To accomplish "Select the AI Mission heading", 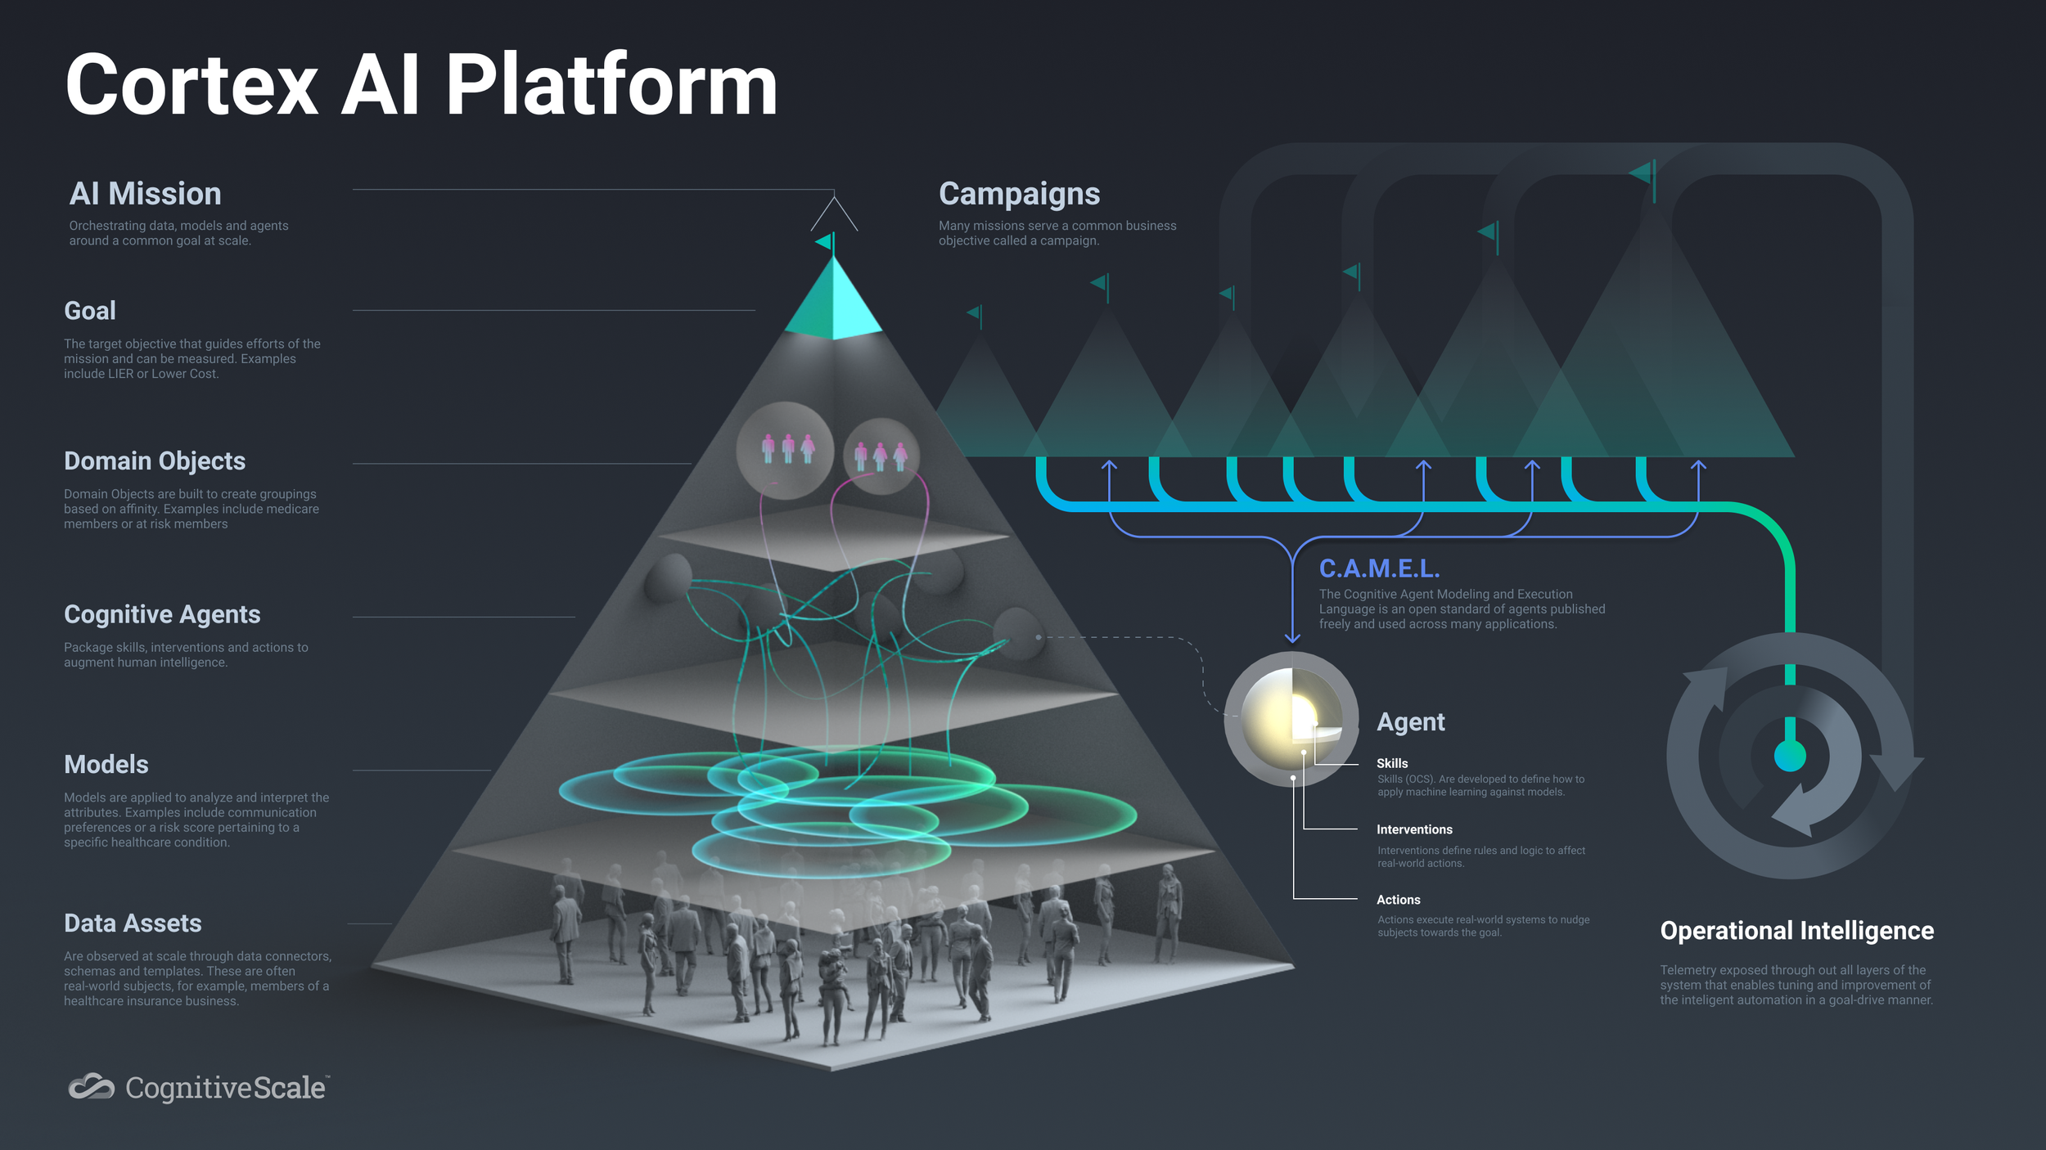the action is coord(145,194).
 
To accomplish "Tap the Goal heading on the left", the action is coord(90,311).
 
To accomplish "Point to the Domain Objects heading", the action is coord(155,461).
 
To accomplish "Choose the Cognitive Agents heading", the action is coord(162,614).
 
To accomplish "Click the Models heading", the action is coord(106,765).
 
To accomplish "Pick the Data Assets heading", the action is coord(133,923).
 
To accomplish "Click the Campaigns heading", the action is coord(1019,194).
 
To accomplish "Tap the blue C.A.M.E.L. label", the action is coord(1379,568).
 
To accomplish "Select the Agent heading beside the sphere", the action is coord(1410,722).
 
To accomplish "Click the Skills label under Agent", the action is coord(1391,763).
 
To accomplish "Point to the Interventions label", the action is coord(1414,829).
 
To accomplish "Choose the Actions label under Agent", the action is coord(1398,900).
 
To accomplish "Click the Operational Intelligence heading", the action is coord(1796,931).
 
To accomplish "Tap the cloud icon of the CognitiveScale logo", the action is coord(91,1087).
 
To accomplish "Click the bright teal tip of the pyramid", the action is coord(833,303).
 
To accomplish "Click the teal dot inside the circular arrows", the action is coord(1789,755).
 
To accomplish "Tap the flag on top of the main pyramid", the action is coord(825,242).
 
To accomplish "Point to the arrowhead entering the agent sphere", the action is coord(1292,637).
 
